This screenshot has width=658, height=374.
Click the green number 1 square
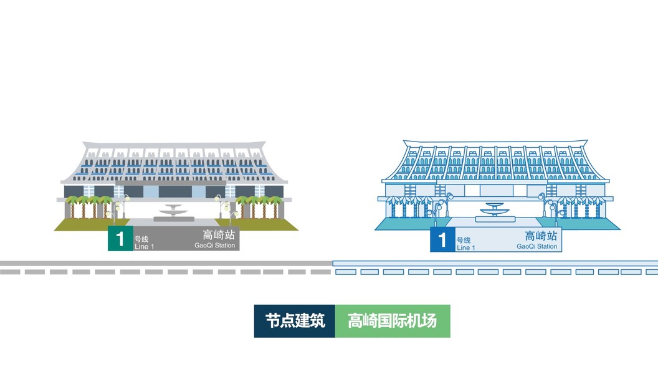click(120, 239)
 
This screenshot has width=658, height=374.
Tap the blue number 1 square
click(442, 240)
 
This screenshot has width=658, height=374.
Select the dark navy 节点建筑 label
click(295, 321)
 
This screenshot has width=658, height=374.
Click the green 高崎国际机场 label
click(392, 321)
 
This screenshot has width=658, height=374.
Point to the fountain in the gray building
click(172, 212)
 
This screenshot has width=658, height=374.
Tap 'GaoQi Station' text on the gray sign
click(215, 246)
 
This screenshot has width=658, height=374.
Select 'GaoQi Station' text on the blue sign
click(536, 246)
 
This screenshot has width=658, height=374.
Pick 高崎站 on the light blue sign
click(540, 236)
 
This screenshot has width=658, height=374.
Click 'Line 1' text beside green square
click(144, 247)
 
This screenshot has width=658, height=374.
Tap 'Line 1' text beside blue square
click(465, 247)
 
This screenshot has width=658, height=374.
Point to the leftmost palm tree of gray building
click(70, 205)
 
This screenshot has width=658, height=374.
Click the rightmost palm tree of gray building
click(275, 205)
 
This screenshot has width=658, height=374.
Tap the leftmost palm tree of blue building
click(393, 205)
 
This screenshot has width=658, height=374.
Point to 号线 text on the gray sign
click(141, 239)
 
